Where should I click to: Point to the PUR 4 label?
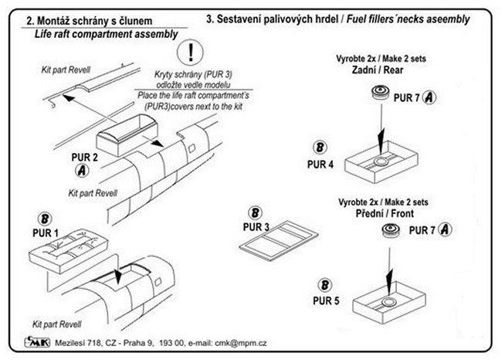[x=300, y=165]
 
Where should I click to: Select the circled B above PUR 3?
[x=254, y=213]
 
